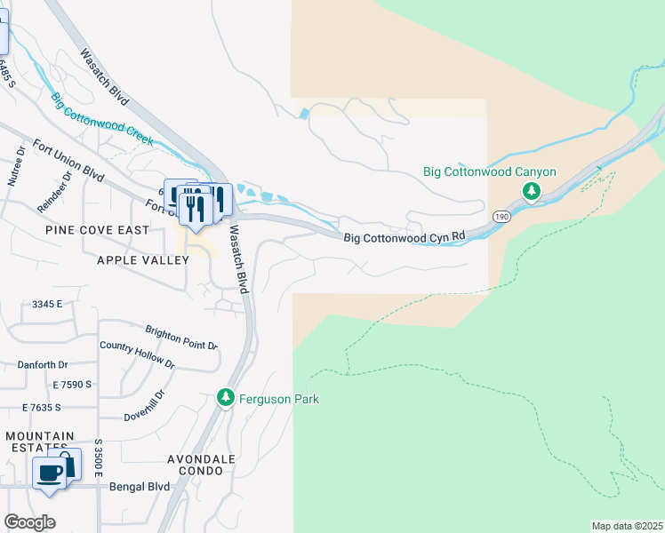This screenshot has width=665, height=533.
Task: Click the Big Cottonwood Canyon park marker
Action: (532, 191)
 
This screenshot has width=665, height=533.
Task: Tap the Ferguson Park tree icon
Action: (226, 398)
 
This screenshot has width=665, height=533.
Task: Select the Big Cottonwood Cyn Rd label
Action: (405, 237)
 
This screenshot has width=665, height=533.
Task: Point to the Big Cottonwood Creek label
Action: (101, 119)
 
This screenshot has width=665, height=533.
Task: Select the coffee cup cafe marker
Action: (49, 472)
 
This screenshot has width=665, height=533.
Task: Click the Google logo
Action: (29, 522)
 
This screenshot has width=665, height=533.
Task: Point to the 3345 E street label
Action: (47, 304)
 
